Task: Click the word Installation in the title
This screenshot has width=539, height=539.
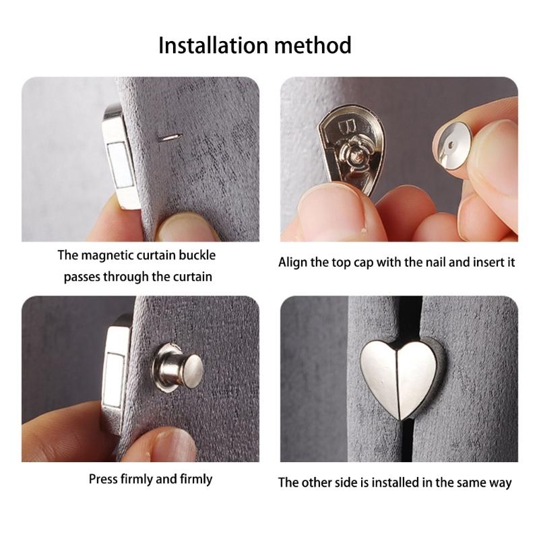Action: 209,46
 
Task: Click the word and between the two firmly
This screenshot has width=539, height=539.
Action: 164,479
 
